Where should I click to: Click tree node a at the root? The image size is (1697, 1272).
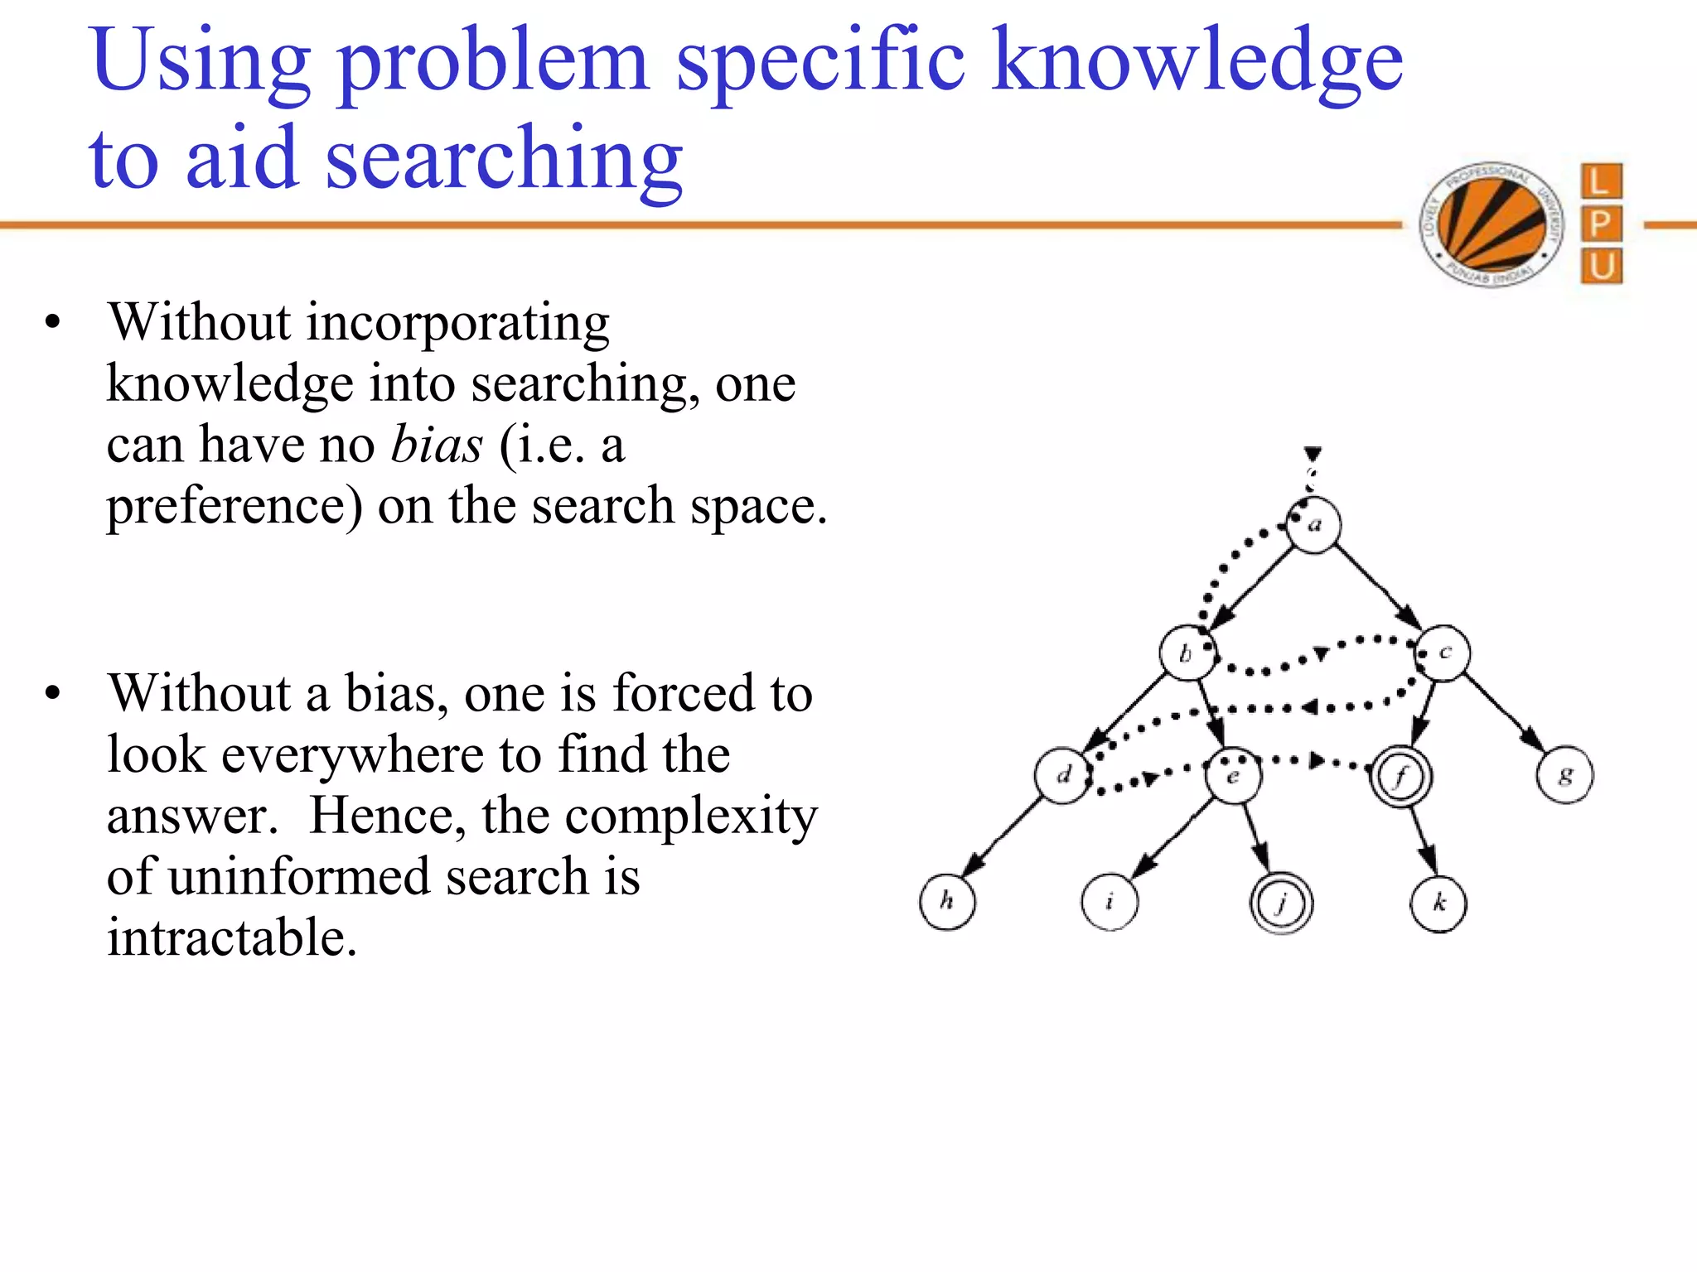(x=1314, y=525)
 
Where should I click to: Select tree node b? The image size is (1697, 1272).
(x=1187, y=653)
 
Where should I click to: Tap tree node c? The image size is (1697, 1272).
(x=1443, y=653)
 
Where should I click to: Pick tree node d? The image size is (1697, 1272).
(x=1063, y=776)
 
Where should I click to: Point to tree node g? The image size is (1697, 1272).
(x=1564, y=776)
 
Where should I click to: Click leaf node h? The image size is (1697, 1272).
(x=947, y=902)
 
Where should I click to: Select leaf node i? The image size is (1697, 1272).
(x=1110, y=902)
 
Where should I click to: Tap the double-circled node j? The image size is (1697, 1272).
(x=1281, y=903)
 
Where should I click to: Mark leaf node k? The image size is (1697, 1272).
(x=1438, y=903)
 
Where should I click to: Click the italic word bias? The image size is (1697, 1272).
(x=436, y=445)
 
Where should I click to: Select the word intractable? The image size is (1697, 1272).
(x=232, y=937)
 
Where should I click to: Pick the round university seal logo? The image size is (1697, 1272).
(x=1492, y=224)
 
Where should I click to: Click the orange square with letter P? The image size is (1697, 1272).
(x=1601, y=224)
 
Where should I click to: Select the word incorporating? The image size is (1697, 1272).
(x=457, y=322)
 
